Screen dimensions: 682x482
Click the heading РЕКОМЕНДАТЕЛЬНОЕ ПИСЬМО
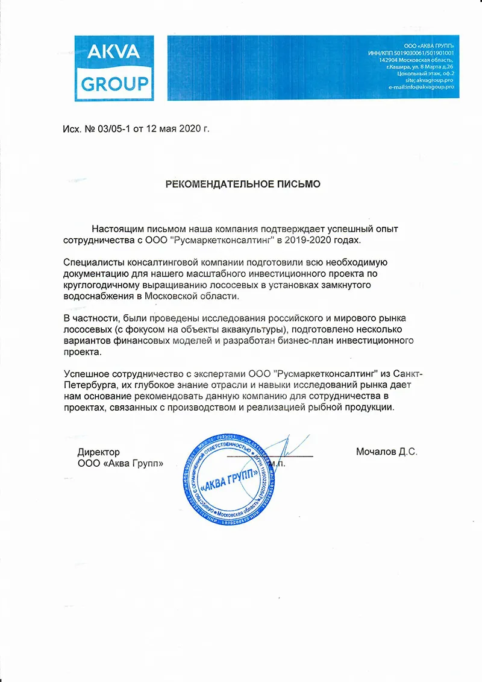click(x=243, y=184)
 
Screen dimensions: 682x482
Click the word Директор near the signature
click(x=99, y=452)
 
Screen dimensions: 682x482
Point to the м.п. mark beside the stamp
click(x=278, y=464)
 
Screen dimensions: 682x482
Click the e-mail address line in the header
click(x=421, y=87)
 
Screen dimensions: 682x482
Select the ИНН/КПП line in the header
click(x=410, y=53)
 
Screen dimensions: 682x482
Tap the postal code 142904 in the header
click(x=389, y=60)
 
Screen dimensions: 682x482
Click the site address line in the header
click(x=430, y=81)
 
